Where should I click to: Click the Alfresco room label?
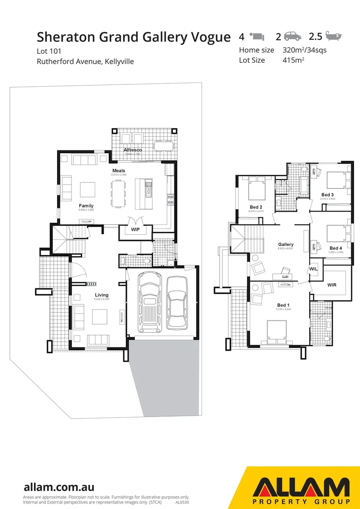point(132,150)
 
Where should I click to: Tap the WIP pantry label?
point(135,230)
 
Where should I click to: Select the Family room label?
point(86,205)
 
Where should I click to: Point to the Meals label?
point(118,170)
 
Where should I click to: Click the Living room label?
point(101,295)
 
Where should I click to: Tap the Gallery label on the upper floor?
point(286,244)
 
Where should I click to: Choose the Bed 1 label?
point(284,305)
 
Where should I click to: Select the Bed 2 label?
point(255,207)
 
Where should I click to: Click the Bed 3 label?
point(327,195)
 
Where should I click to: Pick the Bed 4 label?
point(335,248)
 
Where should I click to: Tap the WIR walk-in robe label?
point(332,285)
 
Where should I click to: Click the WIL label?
point(314,269)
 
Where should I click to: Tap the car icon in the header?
point(292,36)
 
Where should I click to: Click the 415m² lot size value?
point(293,60)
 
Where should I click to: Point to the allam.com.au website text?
point(59,487)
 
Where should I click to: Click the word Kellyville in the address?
point(116,61)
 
